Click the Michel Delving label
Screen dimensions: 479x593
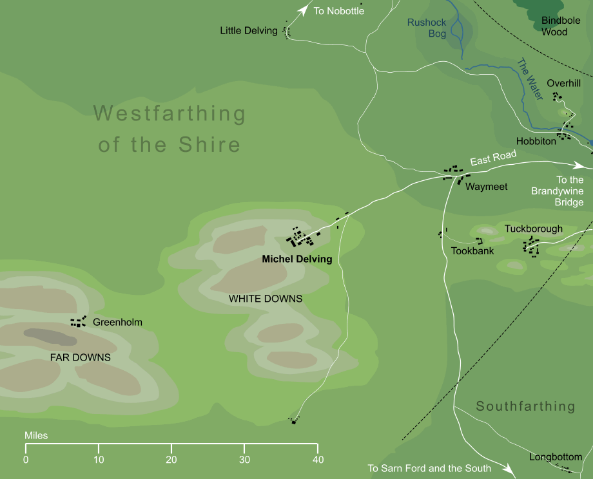(296, 260)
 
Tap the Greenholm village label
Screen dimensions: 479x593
(117, 323)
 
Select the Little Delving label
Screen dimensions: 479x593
(248, 30)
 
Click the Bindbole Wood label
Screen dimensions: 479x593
(561, 26)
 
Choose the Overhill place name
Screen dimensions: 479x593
(564, 84)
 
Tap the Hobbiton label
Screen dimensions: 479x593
(536, 141)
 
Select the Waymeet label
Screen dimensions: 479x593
(487, 187)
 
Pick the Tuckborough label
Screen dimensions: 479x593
(533, 229)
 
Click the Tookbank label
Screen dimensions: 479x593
(472, 251)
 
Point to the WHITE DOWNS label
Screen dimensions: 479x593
(266, 299)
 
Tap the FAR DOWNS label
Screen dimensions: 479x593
(81, 357)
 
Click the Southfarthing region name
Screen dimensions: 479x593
(525, 406)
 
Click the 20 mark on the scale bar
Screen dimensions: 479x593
(171, 460)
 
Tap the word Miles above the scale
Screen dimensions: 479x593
(36, 436)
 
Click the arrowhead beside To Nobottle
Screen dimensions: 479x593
(304, 9)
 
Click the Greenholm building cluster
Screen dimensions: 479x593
(79, 321)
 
